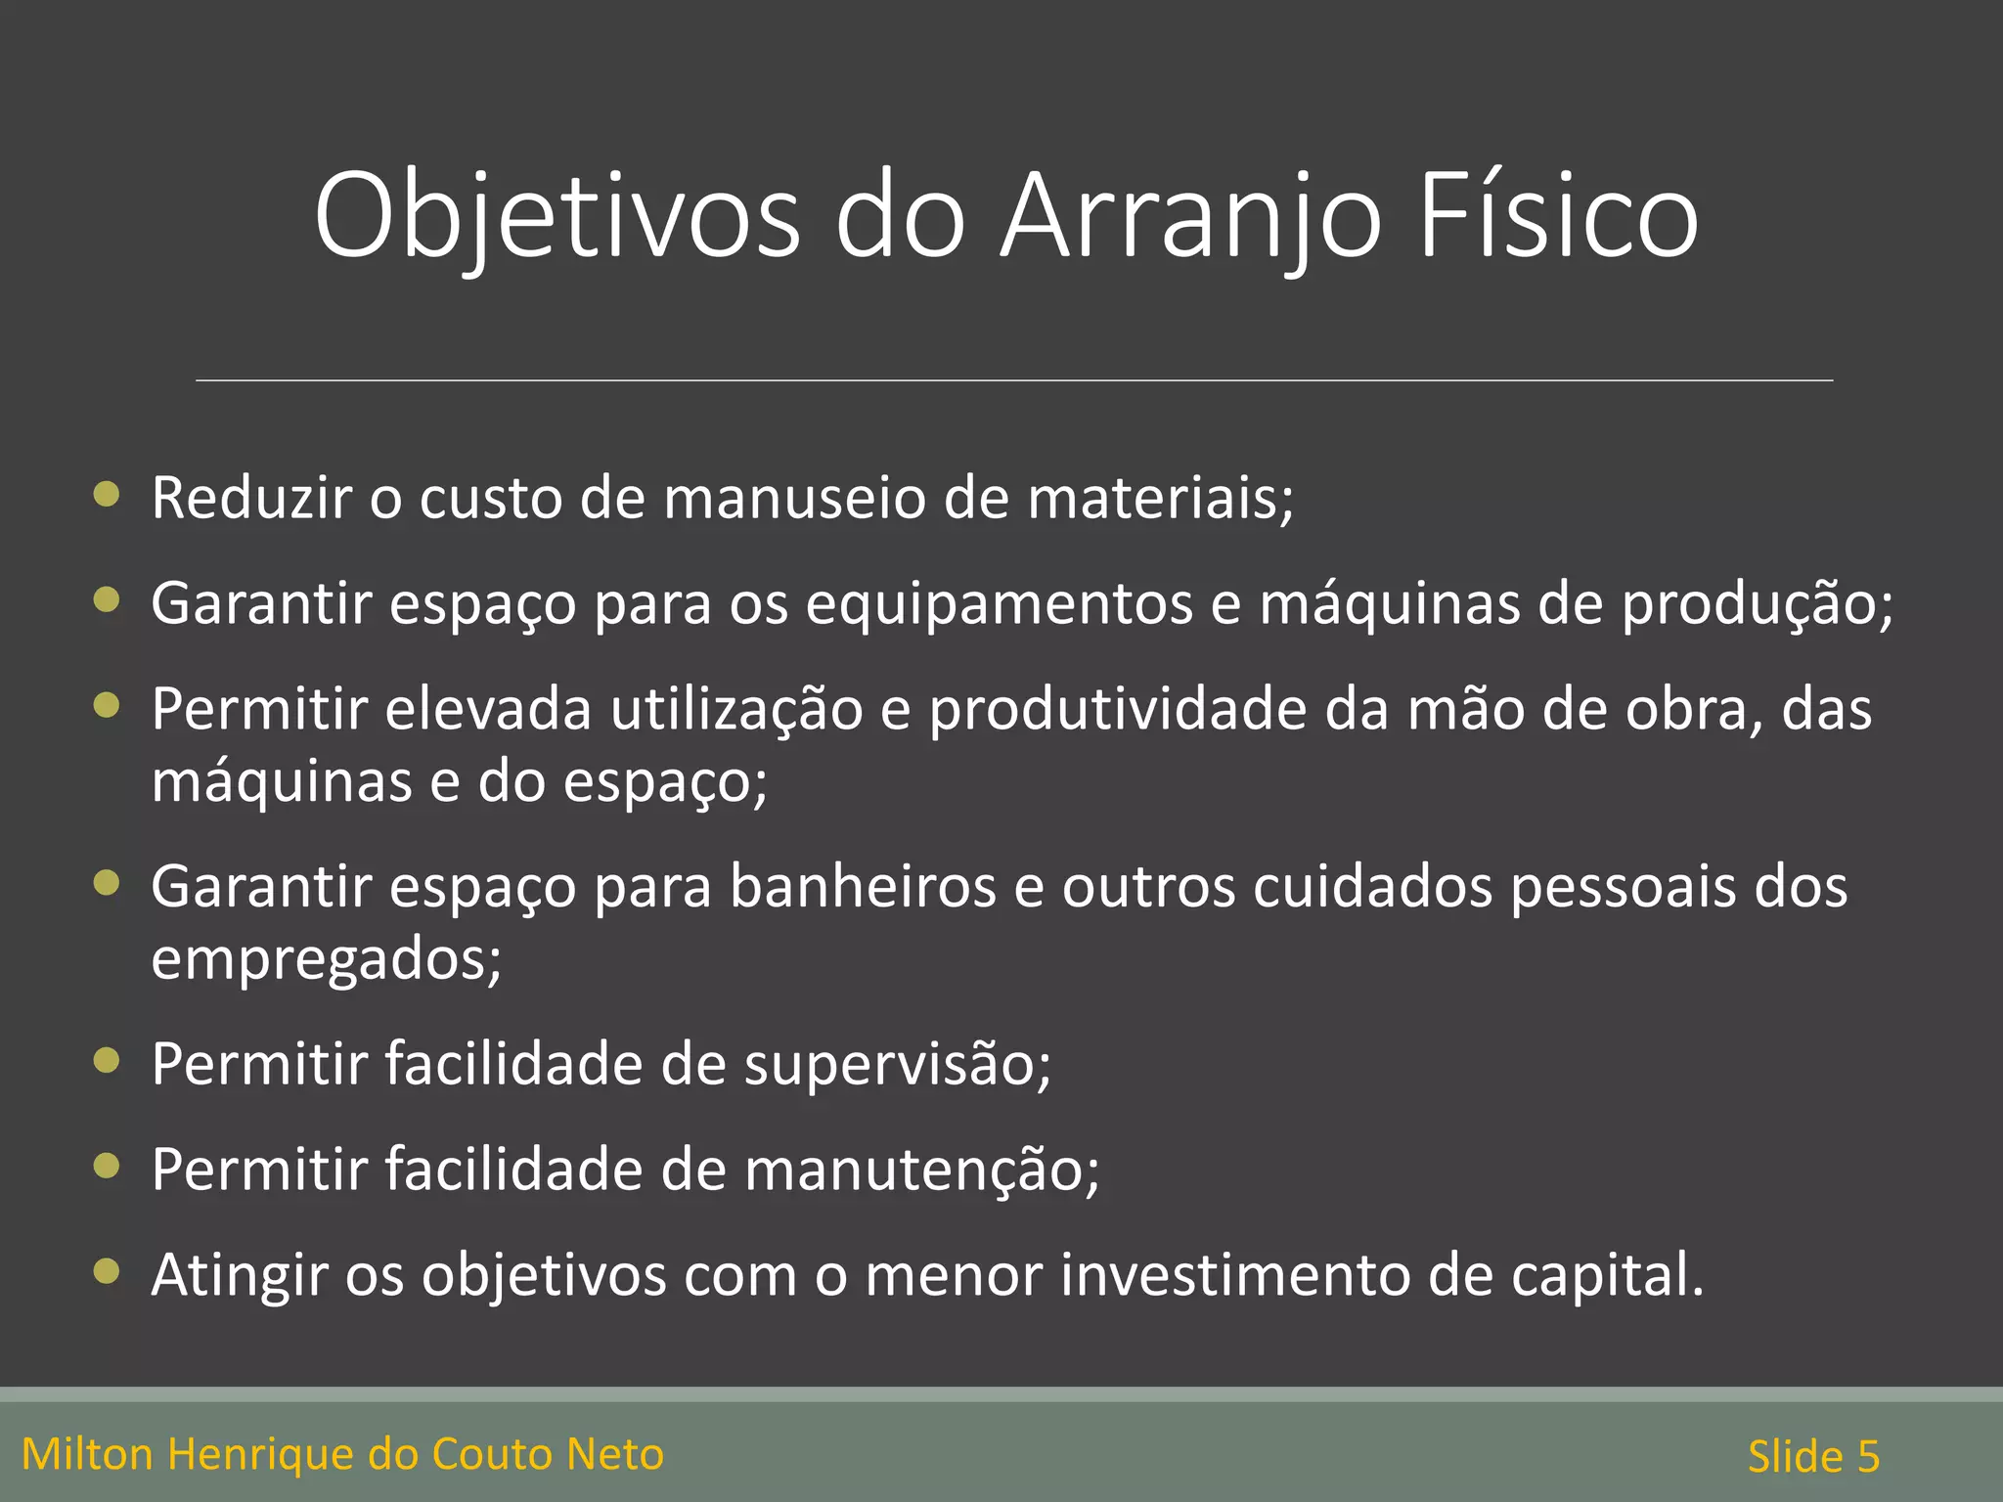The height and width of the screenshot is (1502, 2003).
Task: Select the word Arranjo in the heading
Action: pyautogui.click(x=1191, y=217)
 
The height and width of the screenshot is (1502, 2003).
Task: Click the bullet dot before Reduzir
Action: pyautogui.click(x=107, y=494)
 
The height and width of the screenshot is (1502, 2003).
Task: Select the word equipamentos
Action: pyautogui.click(x=999, y=603)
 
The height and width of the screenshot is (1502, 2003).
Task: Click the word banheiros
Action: pyautogui.click(x=862, y=887)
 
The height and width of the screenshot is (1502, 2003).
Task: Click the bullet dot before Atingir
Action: pyautogui.click(x=107, y=1271)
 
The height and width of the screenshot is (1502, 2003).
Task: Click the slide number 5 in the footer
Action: pyautogui.click(x=1868, y=1457)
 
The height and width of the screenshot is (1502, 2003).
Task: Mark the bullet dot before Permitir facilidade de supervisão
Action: pyautogui.click(x=107, y=1060)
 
